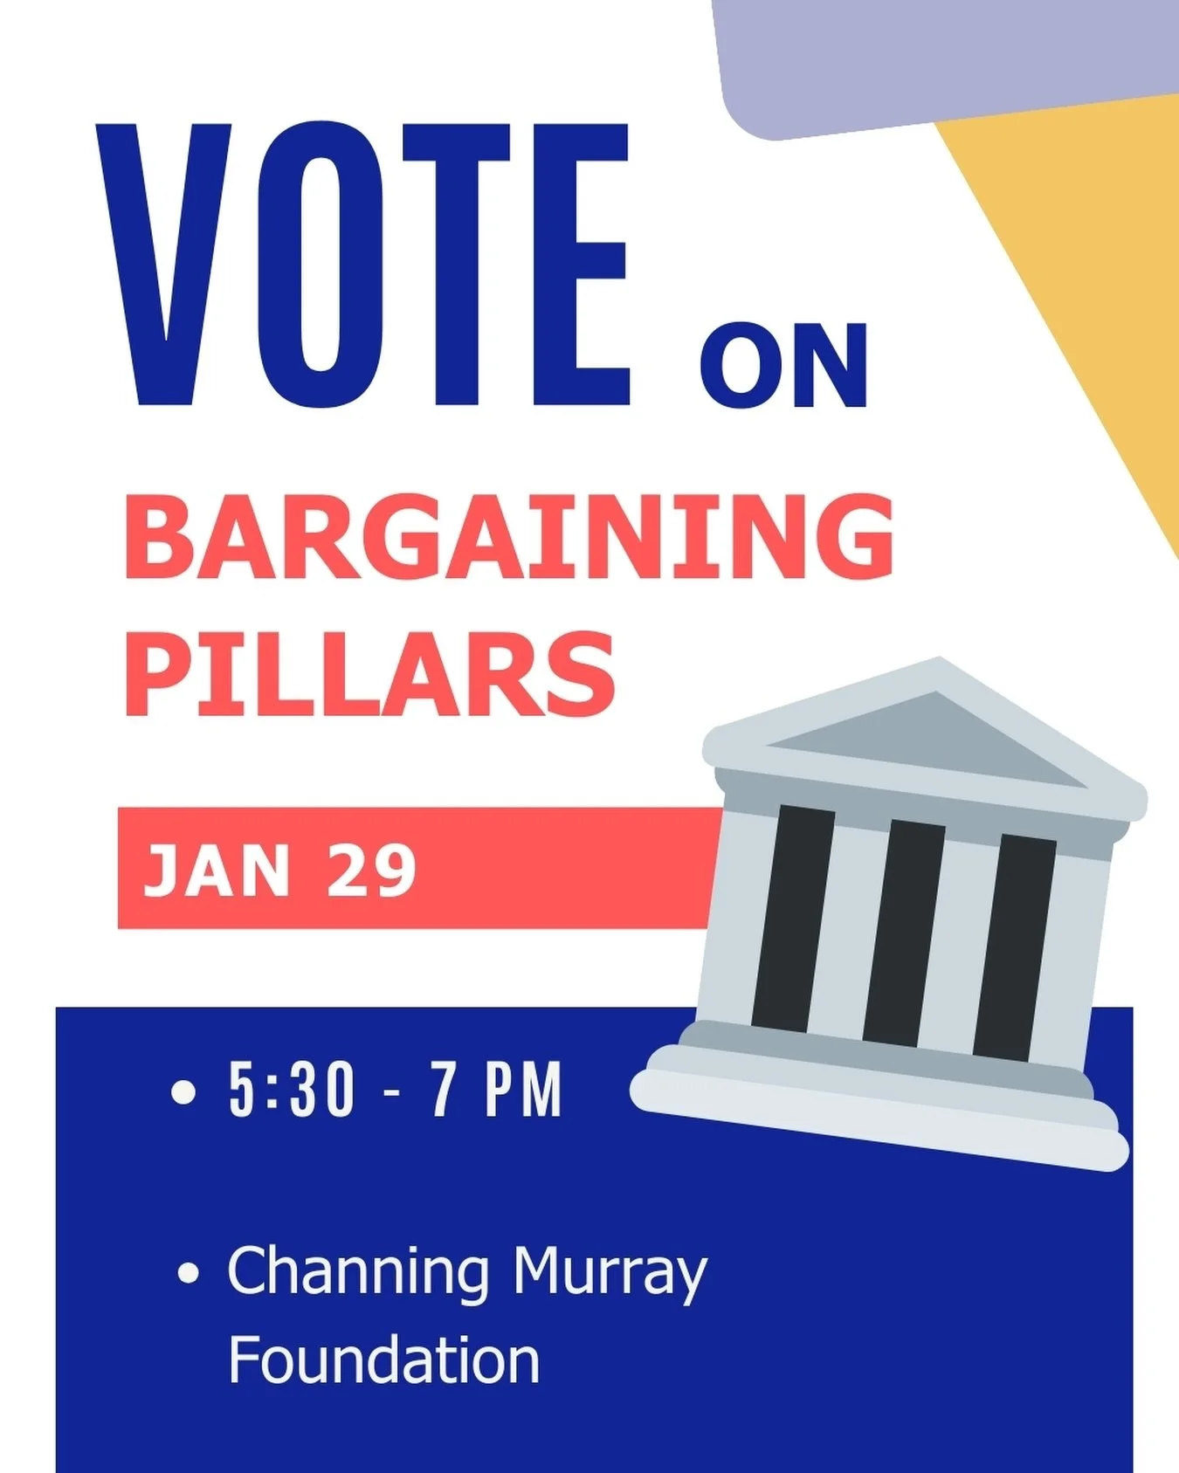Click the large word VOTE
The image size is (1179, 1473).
(362, 266)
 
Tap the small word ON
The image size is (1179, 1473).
(783, 366)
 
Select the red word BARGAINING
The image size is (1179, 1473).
(509, 535)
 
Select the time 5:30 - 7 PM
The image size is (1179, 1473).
(395, 1090)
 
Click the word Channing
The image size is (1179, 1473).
(358, 1273)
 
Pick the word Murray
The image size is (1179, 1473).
(609, 1273)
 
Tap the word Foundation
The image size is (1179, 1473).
(384, 1360)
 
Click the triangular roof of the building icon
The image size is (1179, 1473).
(926, 733)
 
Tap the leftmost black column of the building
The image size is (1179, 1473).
(792, 917)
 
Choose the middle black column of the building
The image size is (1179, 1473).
(904, 933)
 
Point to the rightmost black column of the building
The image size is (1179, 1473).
(1015, 947)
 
